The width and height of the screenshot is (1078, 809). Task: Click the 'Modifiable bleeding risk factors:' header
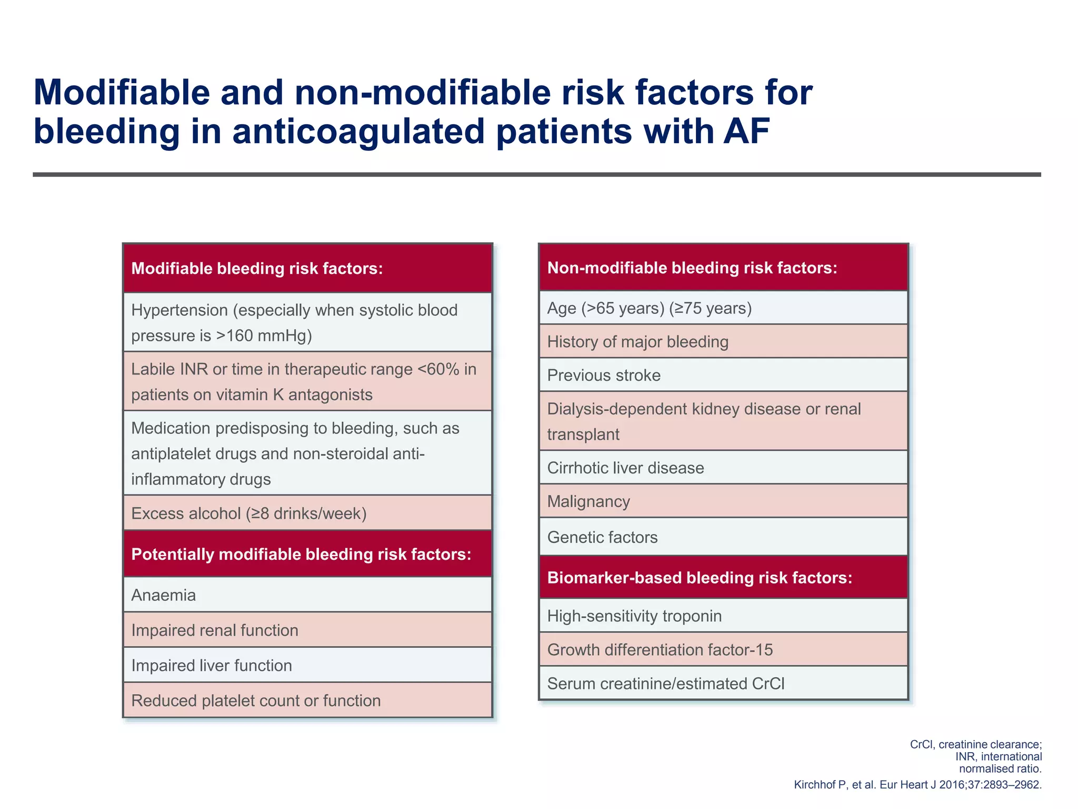[257, 269]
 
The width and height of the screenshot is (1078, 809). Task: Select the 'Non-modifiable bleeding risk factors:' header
[692, 268]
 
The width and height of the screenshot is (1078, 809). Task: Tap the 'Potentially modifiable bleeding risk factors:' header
[301, 554]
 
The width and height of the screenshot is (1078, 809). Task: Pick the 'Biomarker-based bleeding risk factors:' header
[700, 578]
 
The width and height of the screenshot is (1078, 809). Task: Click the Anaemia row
[164, 595]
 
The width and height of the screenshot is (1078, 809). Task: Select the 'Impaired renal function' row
[215, 630]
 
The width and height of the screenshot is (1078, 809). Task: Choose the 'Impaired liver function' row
[212, 666]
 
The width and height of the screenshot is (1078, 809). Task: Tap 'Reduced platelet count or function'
[256, 701]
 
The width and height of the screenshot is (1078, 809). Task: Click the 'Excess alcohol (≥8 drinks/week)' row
[249, 514]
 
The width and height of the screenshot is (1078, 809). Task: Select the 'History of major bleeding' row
[637, 342]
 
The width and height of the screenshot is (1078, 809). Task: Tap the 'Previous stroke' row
[604, 376]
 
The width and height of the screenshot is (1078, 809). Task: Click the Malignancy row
[588, 501]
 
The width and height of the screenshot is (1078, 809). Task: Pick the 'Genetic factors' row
[602, 537]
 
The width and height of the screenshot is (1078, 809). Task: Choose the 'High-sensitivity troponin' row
[634, 616]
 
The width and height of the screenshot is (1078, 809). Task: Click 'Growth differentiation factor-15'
[660, 650]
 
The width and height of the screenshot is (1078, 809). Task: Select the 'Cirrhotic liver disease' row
[625, 468]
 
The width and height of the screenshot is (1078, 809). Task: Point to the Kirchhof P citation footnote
[917, 785]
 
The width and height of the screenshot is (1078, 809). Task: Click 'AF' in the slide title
[746, 131]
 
